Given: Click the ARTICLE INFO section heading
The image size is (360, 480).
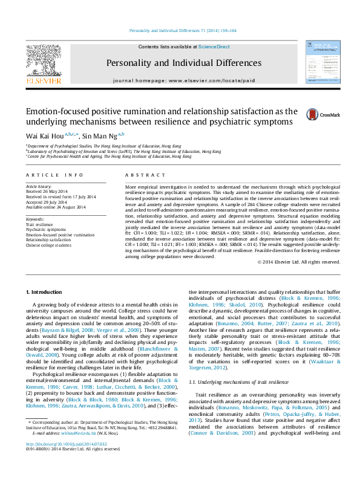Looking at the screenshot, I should coord(54,175).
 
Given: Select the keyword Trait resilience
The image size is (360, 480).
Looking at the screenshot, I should coord(39,224).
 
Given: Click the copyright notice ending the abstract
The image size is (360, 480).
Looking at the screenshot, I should coord(299,262).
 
